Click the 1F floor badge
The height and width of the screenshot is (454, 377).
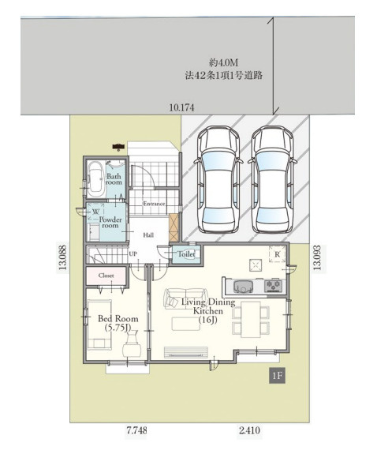[277, 376]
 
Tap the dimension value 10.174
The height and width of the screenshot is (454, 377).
[181, 107]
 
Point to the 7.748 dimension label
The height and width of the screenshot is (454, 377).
[136, 430]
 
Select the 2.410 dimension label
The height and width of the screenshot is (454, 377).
[249, 430]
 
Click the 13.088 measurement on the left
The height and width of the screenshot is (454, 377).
[63, 257]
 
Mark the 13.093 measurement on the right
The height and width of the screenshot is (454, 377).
[317, 257]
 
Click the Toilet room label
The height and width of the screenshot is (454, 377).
[186, 254]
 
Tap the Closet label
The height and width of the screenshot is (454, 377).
[106, 276]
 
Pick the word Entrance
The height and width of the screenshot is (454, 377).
[154, 204]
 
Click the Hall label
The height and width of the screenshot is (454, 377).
[148, 235]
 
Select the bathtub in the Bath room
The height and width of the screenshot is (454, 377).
[95, 179]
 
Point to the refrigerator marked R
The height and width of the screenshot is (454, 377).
[277, 254]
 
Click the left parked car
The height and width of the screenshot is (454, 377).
[218, 180]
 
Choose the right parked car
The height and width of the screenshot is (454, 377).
[273, 180]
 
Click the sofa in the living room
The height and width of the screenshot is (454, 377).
[186, 298]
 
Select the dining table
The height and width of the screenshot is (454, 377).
[251, 319]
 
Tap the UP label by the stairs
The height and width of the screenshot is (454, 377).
[133, 254]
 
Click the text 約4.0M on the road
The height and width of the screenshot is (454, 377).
[223, 62]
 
